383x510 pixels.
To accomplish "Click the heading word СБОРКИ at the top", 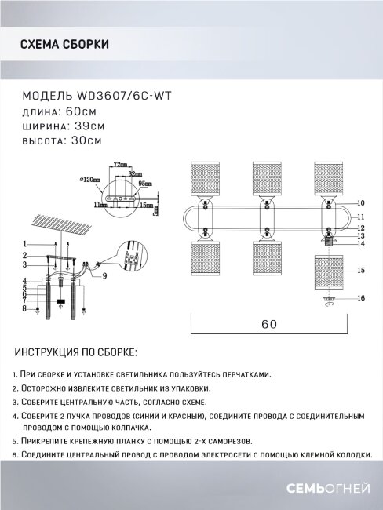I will coord(86,46).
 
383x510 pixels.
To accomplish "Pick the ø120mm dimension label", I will coord(91,180).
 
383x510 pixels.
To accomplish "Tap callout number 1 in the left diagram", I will coord(25,243).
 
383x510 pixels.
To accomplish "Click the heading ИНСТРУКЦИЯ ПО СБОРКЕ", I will coord(75,353).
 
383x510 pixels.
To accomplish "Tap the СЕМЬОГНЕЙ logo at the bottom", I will coord(327,489).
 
